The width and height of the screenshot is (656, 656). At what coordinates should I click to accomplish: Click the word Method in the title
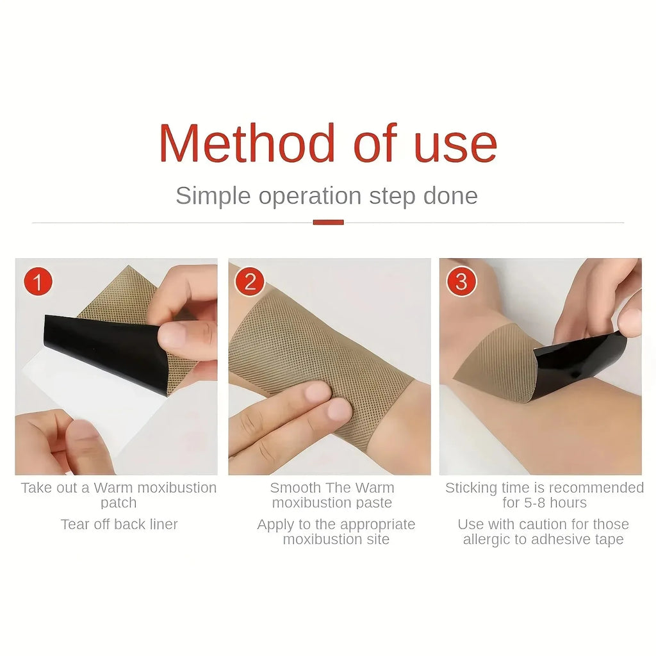pyautogui.click(x=247, y=143)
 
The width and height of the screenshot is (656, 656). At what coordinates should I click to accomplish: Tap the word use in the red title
pyautogui.click(x=455, y=148)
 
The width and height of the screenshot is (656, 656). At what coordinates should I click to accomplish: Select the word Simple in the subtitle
pyautogui.click(x=213, y=197)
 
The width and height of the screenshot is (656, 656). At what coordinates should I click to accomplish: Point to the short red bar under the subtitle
pyautogui.click(x=329, y=222)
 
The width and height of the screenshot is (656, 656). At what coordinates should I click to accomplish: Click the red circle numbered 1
pyautogui.click(x=38, y=282)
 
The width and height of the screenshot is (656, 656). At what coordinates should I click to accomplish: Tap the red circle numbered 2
pyautogui.click(x=250, y=282)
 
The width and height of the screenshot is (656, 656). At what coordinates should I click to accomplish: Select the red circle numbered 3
pyautogui.click(x=461, y=282)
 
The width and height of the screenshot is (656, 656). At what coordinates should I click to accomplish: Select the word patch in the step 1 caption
pyautogui.click(x=119, y=502)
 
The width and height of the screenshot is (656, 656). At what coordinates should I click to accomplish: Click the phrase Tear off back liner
pyautogui.click(x=119, y=524)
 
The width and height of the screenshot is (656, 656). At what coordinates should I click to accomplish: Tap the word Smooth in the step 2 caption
pyautogui.click(x=295, y=488)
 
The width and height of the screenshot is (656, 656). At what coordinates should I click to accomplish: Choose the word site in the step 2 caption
pyautogui.click(x=378, y=539)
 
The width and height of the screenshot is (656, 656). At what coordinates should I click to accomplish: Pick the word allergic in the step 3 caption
pyautogui.click(x=487, y=539)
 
